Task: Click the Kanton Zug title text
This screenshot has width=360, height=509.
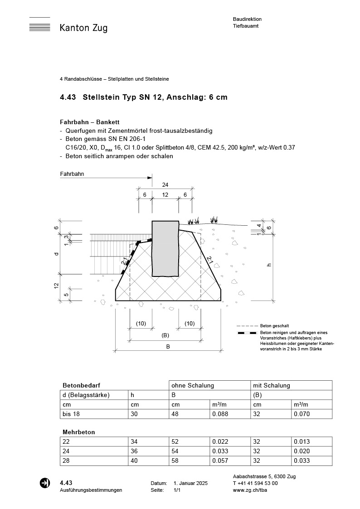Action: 83,28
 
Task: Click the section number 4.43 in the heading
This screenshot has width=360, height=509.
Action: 68,97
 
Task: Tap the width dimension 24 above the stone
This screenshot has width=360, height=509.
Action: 165,184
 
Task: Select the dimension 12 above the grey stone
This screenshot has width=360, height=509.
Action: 165,194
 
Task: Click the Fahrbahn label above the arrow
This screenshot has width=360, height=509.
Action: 72,174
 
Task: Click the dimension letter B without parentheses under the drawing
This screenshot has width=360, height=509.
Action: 168,347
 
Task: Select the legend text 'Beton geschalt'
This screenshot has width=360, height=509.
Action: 274,326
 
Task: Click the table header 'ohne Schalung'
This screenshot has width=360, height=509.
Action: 192,385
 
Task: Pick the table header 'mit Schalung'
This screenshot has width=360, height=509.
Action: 272,385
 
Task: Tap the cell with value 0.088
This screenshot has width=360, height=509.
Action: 220,414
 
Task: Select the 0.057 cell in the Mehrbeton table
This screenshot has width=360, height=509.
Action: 220,461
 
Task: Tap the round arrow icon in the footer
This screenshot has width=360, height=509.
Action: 45,483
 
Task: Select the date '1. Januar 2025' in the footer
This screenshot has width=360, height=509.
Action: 190,483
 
